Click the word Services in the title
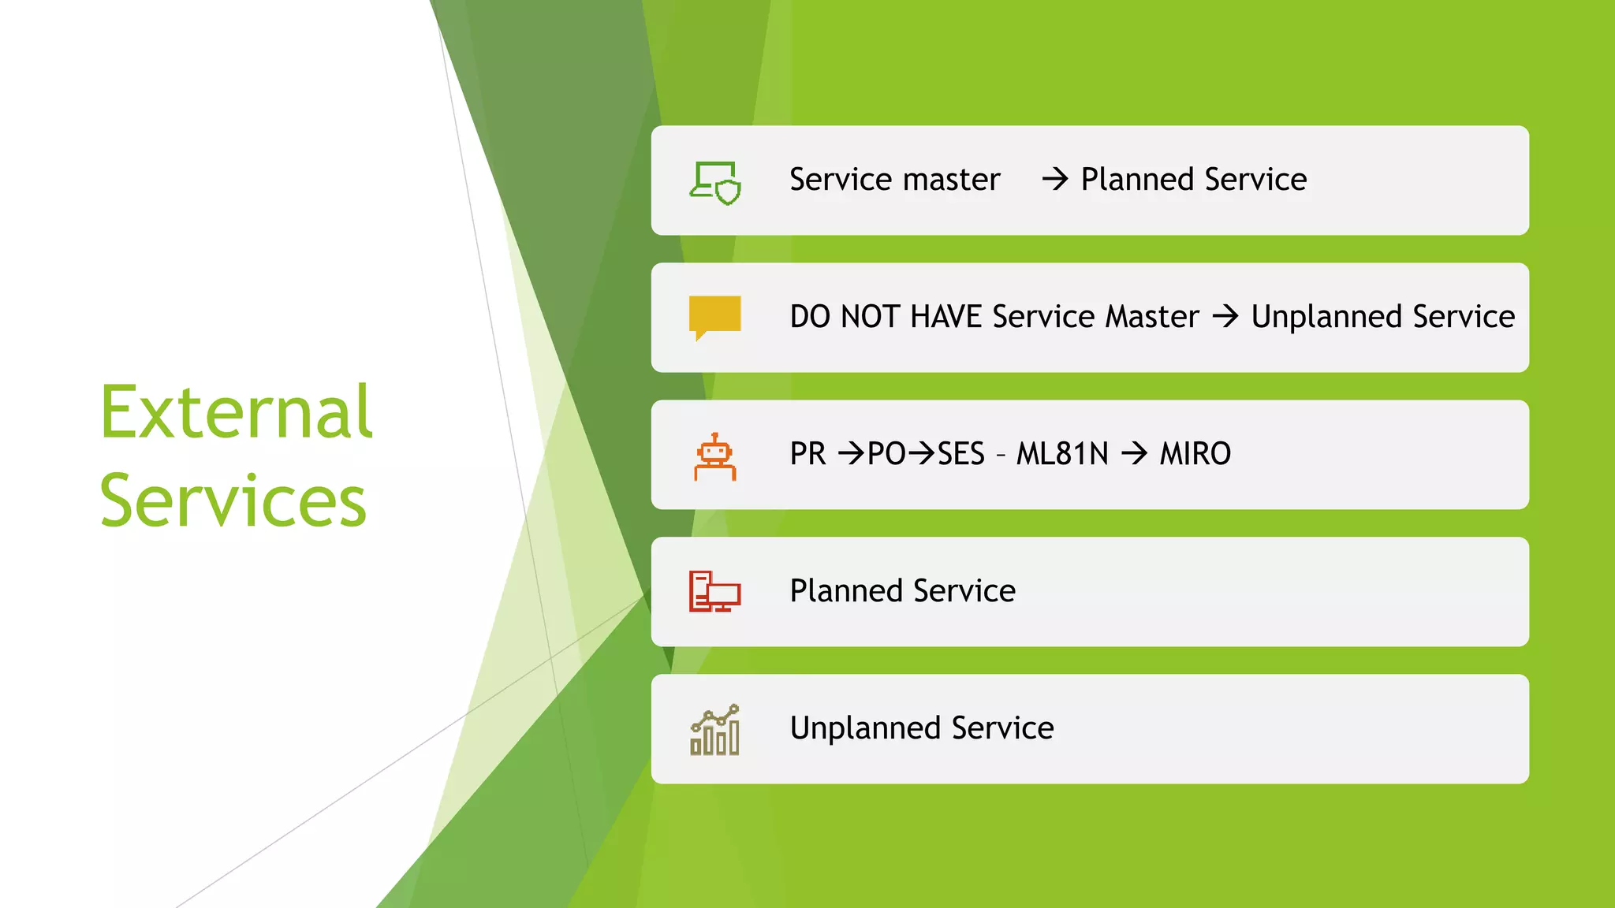click(233, 501)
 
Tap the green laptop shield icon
click(715, 183)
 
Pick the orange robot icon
click(714, 456)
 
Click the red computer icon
click(714, 591)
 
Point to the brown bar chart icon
click(714, 730)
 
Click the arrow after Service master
click(1054, 180)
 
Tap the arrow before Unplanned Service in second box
click(1225, 317)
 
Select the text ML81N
click(1061, 454)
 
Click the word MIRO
click(1195, 454)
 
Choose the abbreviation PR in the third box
click(808, 454)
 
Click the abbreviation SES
click(960, 454)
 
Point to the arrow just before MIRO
click(1134, 454)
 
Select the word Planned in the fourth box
click(846, 591)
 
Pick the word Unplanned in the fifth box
click(865, 728)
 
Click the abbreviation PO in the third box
click(886, 454)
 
